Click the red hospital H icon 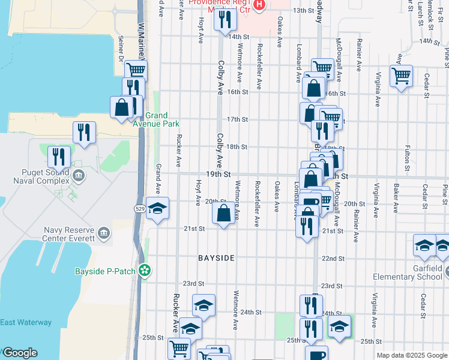pos(259,5)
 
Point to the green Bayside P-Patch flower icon pos(144,271)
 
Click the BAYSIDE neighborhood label pos(216,258)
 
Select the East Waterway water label pos(26,322)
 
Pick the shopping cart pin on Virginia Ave pos(400,76)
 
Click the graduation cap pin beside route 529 pos(157,209)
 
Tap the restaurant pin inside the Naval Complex pos(59,157)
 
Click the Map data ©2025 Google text pos(412,355)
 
